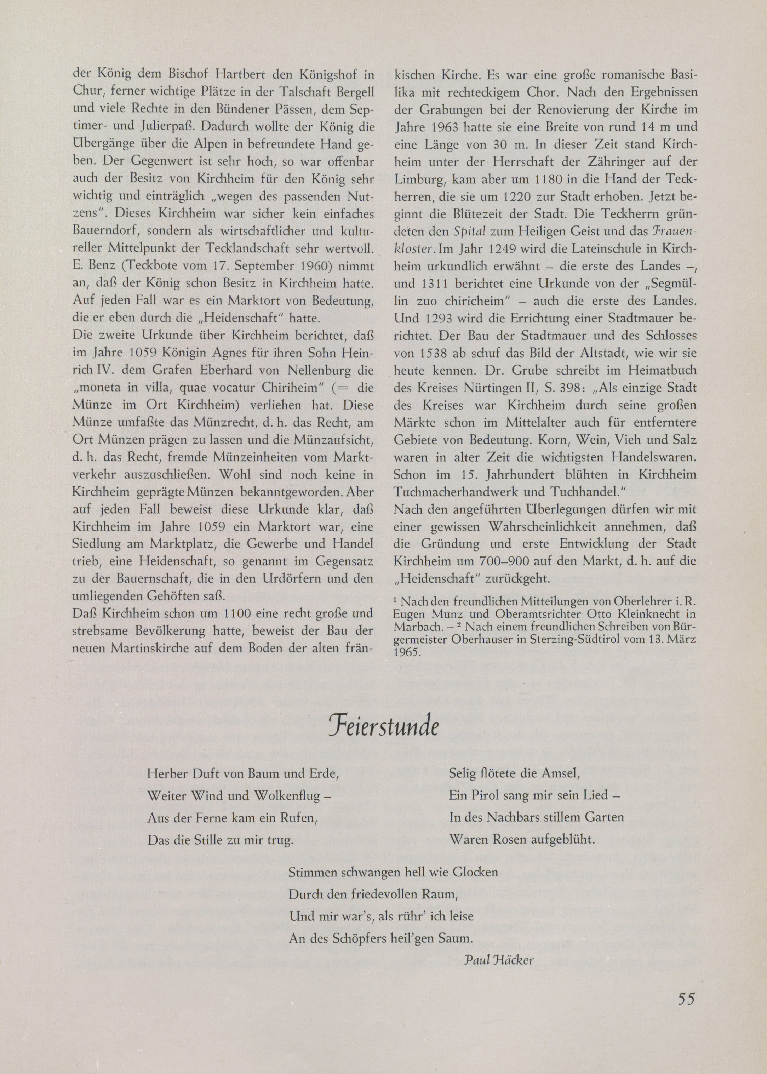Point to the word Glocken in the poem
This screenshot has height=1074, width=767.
pos(475,872)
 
